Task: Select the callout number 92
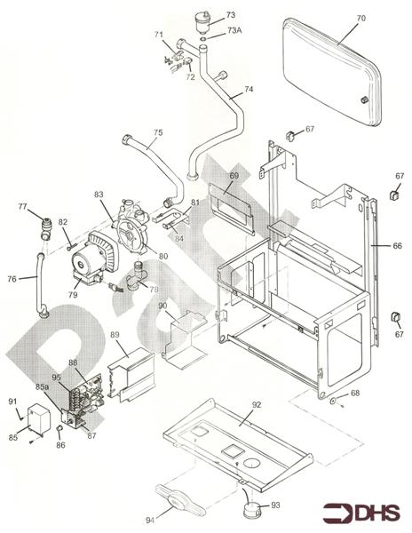coord(257,405)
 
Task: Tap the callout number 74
coord(249,91)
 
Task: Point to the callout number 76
coord(12,279)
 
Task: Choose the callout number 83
coord(99,195)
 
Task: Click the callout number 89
coord(115,335)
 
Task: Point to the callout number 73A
coord(234,30)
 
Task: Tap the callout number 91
coord(12,402)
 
